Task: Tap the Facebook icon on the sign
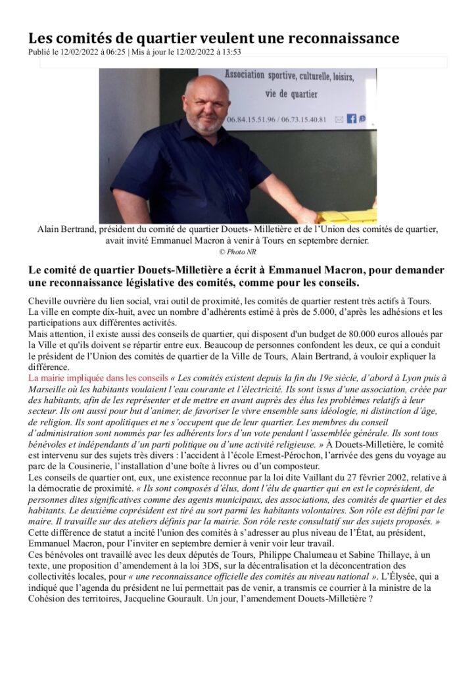pos(352,118)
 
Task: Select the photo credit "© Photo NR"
pos(237,252)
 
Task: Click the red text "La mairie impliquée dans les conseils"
pos(97,378)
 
